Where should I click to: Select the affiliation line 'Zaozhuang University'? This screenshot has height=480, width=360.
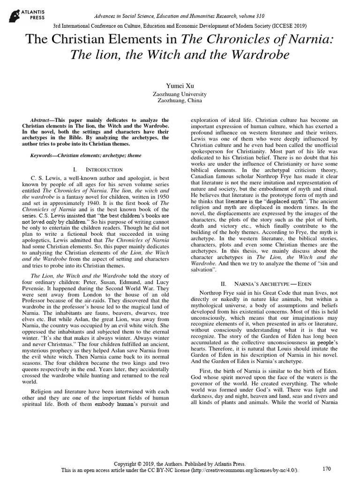pos(180,94)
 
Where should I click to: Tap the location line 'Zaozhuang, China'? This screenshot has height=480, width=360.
pos(180,101)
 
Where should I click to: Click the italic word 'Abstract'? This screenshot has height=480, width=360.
pos(40,120)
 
